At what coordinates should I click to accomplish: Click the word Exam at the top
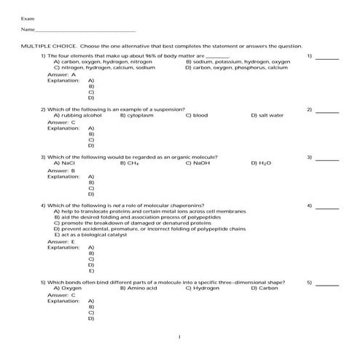click(27, 17)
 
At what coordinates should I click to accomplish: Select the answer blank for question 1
click(327, 57)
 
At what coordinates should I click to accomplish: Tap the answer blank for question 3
click(327, 157)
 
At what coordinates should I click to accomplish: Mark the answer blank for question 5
click(327, 283)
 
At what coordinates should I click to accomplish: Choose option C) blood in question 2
click(197, 115)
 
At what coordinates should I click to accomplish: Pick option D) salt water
click(267, 115)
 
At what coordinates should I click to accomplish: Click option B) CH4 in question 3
click(130, 163)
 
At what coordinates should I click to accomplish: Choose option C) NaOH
click(198, 163)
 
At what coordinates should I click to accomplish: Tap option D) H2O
click(261, 163)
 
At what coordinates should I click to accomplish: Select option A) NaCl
click(65, 163)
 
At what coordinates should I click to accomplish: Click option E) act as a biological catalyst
click(91, 235)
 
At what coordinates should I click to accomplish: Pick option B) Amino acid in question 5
click(138, 288)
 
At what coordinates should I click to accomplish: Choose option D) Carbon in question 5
click(265, 288)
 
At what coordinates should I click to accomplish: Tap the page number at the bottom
click(180, 337)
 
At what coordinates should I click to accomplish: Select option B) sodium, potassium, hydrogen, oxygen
click(238, 62)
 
